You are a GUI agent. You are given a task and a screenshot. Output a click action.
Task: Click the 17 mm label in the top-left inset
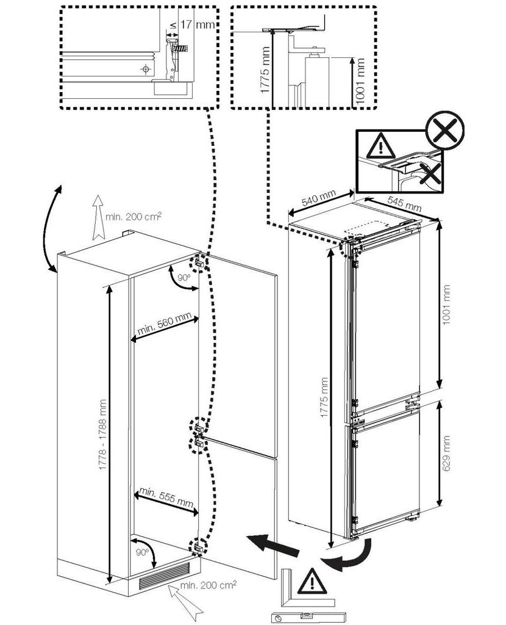(x=197, y=24)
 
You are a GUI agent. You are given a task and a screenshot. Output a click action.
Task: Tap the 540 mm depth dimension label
(x=318, y=198)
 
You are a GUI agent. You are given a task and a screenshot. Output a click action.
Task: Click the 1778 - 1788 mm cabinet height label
(x=103, y=434)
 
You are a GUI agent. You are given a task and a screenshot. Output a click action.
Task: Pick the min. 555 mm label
(x=166, y=498)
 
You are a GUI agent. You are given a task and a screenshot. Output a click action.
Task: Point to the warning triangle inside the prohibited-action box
(x=381, y=145)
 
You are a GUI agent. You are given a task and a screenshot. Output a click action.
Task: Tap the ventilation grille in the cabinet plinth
(x=164, y=576)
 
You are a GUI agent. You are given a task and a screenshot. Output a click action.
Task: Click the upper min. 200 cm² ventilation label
(x=134, y=217)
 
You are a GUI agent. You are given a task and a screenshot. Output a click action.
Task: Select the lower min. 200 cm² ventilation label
(x=208, y=585)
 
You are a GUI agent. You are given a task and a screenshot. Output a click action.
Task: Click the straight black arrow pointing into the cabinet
(x=273, y=545)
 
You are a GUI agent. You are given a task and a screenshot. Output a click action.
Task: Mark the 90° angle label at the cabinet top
(x=184, y=277)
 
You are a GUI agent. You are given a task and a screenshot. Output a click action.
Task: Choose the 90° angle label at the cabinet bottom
(x=142, y=552)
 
